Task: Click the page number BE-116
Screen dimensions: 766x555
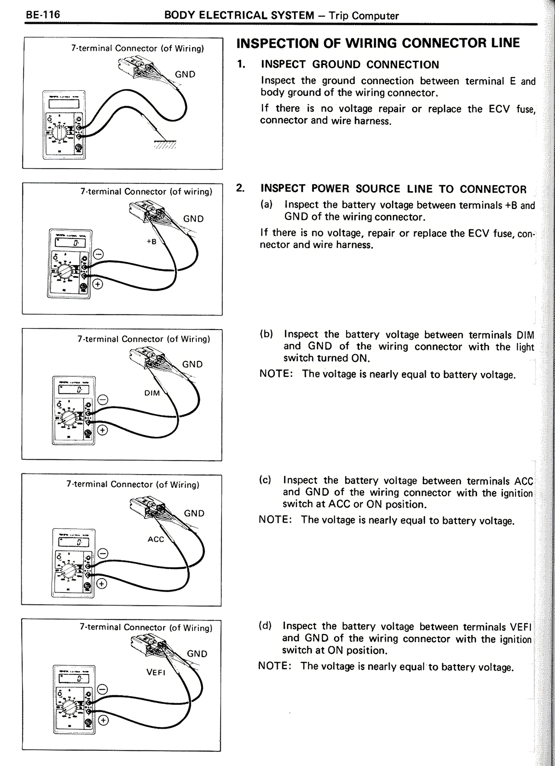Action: tap(42, 15)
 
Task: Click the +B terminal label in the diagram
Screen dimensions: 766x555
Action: tap(151, 242)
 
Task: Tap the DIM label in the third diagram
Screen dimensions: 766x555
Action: tap(152, 393)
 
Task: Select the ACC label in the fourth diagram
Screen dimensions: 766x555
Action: tap(156, 539)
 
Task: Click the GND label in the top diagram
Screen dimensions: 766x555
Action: tap(185, 74)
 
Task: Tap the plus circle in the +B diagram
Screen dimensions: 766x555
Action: tap(98, 285)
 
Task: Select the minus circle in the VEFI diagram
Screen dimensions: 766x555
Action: tap(102, 689)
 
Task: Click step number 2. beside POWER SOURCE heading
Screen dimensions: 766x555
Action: tap(240, 188)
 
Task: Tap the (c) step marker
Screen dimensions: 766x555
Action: tap(265, 480)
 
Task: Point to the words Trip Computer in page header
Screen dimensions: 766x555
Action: tap(363, 16)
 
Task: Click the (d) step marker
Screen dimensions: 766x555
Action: tap(265, 626)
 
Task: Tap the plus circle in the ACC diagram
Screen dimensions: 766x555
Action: tap(101, 584)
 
